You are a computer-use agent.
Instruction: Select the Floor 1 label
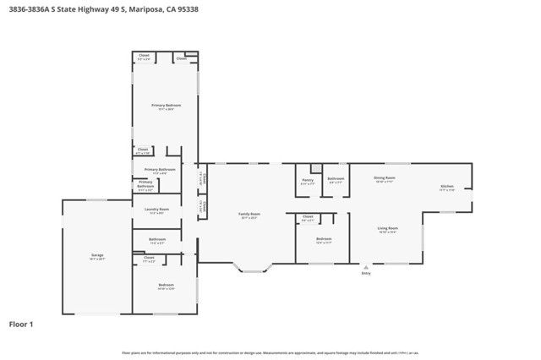pyautogui.click(x=21, y=324)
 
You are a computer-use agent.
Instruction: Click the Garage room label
pyautogui.click(x=97, y=254)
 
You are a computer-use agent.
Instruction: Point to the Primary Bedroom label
pyautogui.click(x=167, y=105)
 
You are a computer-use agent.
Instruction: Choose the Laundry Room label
pyautogui.click(x=157, y=209)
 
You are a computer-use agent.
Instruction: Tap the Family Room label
pyautogui.click(x=249, y=214)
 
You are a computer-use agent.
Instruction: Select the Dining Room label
pyautogui.click(x=385, y=177)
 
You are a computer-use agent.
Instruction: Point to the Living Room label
pyautogui.click(x=387, y=227)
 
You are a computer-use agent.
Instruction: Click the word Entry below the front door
pyautogui.click(x=366, y=273)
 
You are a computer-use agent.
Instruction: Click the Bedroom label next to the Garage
pyautogui.click(x=166, y=285)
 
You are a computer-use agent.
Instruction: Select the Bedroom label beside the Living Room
pyautogui.click(x=324, y=239)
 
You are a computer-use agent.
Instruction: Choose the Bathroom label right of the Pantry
pyautogui.click(x=336, y=178)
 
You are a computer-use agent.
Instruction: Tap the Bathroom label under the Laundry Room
pyautogui.click(x=157, y=239)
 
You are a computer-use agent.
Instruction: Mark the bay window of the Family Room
pyautogui.click(x=254, y=269)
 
